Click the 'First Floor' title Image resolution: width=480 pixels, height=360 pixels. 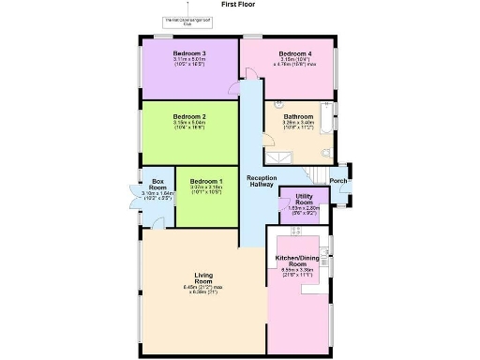[238, 5]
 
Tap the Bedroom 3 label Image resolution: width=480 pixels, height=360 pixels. [188, 53]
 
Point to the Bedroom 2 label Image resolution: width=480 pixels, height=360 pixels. [189, 117]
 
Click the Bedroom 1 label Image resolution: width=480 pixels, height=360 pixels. [206, 180]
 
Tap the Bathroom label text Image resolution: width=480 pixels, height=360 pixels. [298, 116]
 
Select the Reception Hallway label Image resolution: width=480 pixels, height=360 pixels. [260, 182]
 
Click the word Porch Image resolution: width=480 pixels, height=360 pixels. [338, 181]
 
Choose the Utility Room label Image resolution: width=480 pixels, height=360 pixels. [304, 200]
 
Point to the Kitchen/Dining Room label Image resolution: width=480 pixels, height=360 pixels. [299, 260]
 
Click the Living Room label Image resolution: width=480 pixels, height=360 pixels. [203, 277]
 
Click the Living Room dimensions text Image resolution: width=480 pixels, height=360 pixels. [203, 290]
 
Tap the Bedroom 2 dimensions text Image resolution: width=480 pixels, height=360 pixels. [189, 127]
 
